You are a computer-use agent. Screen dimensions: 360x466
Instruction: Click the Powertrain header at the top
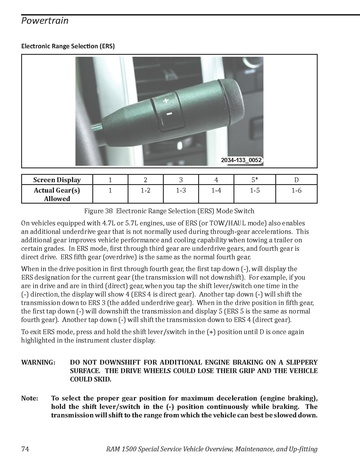coord(45,21)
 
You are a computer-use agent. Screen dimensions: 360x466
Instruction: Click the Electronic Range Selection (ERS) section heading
coord(68,46)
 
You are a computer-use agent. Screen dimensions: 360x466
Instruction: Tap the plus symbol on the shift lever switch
coord(166,100)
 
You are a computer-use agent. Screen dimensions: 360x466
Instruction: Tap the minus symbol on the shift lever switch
coord(169,114)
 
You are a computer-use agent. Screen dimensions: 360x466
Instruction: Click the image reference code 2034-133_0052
coord(241,160)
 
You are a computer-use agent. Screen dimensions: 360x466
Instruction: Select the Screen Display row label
coord(57,180)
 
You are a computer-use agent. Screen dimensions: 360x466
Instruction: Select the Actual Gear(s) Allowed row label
coord(57,194)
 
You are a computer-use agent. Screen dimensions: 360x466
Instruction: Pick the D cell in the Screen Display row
coord(296,180)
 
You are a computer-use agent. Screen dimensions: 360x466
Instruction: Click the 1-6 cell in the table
coord(296,191)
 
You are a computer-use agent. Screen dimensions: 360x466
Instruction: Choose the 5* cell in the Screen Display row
coord(255,180)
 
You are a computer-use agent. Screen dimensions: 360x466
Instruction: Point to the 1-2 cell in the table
coord(145,191)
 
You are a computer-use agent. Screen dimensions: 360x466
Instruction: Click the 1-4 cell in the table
coord(216,191)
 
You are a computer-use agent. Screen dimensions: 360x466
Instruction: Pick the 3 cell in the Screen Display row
coord(181,180)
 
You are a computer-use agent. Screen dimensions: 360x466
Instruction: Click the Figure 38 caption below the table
coord(169,211)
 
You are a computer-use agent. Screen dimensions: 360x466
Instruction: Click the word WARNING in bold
coord(38,362)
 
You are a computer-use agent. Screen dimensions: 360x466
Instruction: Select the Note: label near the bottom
coord(30,398)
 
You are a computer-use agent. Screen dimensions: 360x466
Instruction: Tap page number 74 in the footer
coord(25,449)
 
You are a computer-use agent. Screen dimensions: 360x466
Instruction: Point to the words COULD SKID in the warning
coord(90,379)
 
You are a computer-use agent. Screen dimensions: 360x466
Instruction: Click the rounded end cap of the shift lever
coord(231,98)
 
